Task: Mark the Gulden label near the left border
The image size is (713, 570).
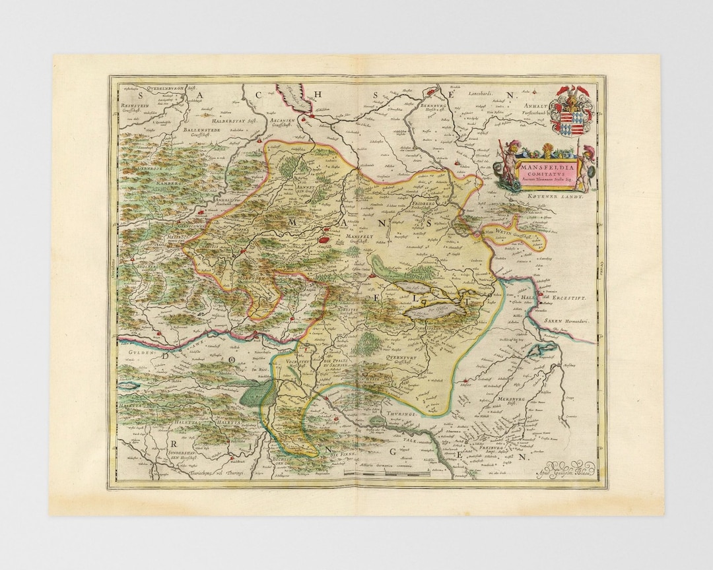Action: [x=131, y=354]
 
